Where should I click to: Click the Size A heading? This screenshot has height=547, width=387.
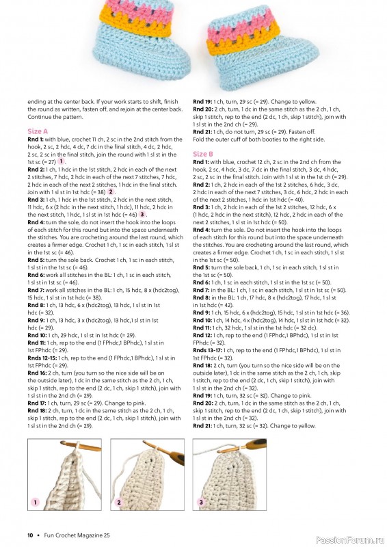click(x=38, y=131)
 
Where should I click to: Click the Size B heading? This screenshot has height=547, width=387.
click(x=203, y=155)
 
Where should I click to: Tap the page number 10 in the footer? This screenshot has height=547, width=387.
click(x=30, y=535)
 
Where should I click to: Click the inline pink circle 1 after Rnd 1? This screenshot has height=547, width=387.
click(x=62, y=161)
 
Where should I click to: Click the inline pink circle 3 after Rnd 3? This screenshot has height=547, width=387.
click(x=142, y=214)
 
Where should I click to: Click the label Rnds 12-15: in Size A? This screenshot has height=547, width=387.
click(x=42, y=358)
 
